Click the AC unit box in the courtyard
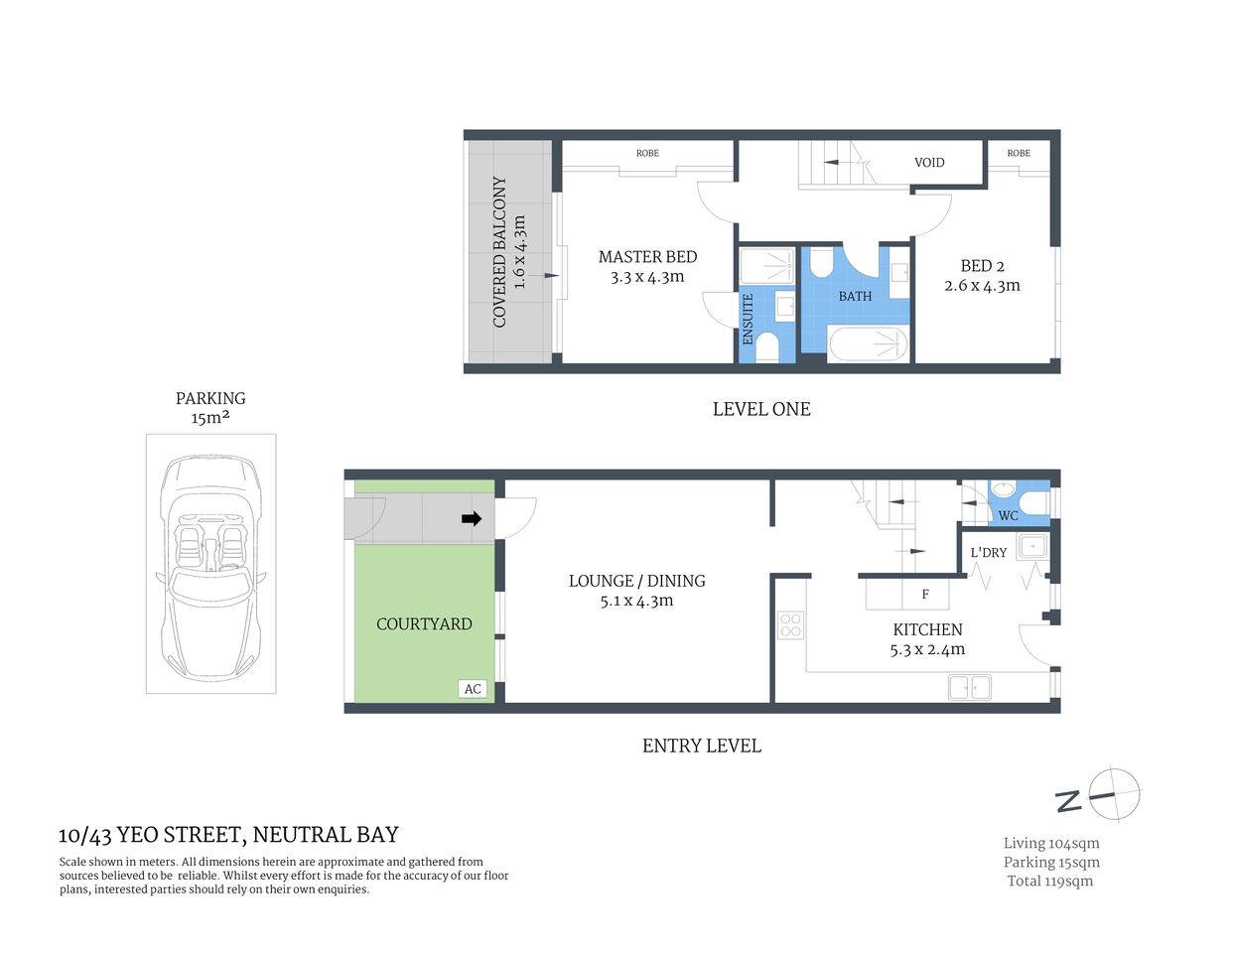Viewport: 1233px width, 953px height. [x=473, y=689]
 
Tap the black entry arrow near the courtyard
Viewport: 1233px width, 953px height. [x=472, y=518]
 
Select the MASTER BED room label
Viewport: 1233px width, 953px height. [x=647, y=257]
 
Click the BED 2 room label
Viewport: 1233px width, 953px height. [x=982, y=266]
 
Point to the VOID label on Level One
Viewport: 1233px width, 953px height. [x=929, y=163]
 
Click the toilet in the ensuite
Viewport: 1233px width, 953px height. [x=766, y=346]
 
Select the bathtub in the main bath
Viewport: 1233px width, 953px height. [x=869, y=343]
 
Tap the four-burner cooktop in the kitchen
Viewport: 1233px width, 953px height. [x=790, y=625]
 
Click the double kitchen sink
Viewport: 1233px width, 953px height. [x=969, y=686]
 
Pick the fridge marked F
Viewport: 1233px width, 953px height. [x=924, y=595]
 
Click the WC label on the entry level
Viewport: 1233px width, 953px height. [x=1008, y=516]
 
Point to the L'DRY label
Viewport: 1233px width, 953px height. [x=988, y=553]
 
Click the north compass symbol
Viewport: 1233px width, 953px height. [x=1113, y=794]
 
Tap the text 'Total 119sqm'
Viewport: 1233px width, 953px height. [x=1049, y=882]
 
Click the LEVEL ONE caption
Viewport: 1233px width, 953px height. [x=761, y=409]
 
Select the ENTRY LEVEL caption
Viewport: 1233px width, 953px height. [x=701, y=746]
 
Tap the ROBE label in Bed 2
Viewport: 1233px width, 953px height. [x=1018, y=153]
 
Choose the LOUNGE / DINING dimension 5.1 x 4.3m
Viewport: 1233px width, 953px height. [x=636, y=601]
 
